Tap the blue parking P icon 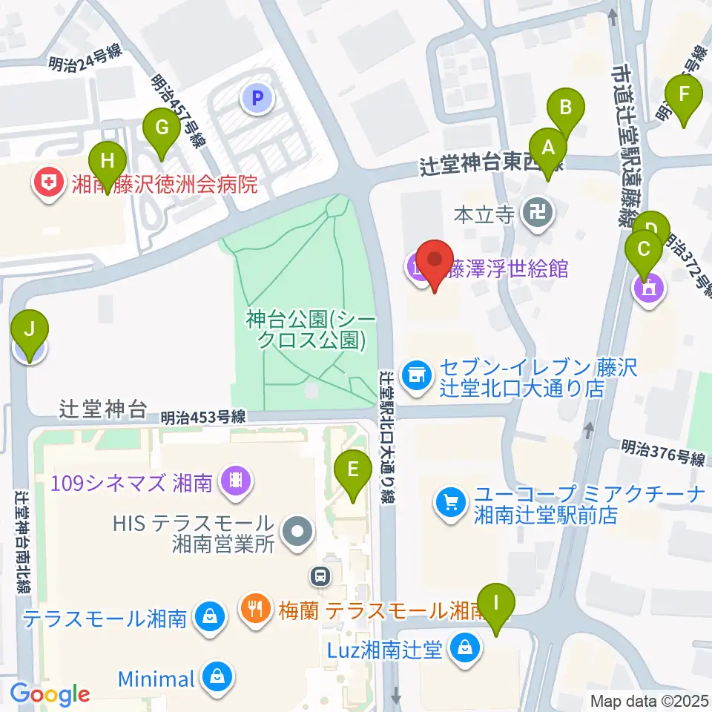click(257, 97)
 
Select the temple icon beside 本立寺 click(535, 215)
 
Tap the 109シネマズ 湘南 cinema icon click(237, 484)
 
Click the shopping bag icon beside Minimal click(217, 676)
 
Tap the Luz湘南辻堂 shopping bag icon click(464, 649)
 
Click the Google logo click(50, 695)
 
